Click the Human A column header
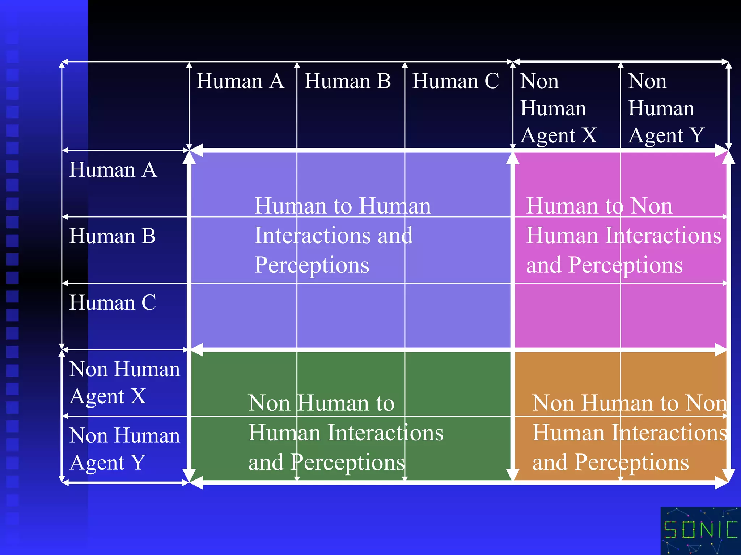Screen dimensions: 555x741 [240, 81]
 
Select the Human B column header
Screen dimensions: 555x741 [347, 81]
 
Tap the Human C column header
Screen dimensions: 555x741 [456, 81]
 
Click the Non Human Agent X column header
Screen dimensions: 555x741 [558, 108]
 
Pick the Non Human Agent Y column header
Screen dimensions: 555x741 [666, 108]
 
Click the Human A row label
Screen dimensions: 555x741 [113, 169]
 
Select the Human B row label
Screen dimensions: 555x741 [113, 236]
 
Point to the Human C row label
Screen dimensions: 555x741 [113, 302]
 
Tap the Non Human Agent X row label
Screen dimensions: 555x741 [124, 383]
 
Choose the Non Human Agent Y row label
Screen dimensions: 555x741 [124, 449]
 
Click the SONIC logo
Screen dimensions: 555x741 [700, 530]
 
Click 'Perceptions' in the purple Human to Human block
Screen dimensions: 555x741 [312, 265]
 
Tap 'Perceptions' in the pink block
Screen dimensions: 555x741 [626, 265]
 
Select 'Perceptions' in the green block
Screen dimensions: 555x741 [348, 462]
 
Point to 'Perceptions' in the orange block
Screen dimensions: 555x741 [632, 462]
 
